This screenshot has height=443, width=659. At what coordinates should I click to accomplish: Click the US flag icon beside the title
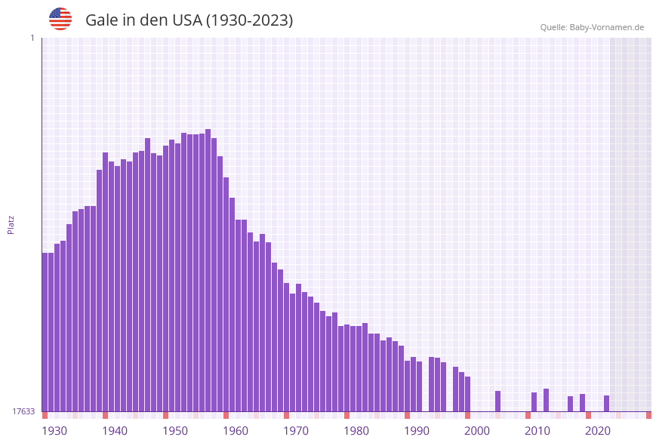coord(60,19)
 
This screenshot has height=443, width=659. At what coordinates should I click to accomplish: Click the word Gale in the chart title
coord(101,20)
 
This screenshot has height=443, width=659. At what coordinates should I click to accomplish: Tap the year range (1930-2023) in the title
coord(250,20)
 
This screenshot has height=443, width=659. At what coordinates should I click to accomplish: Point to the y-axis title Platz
coord(11,224)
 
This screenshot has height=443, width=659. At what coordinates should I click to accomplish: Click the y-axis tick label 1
coord(32,38)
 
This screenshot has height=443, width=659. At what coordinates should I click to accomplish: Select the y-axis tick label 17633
coord(23,411)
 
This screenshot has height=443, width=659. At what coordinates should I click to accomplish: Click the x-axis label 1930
coord(54,431)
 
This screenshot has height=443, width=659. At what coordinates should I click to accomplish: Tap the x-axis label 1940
coord(115,431)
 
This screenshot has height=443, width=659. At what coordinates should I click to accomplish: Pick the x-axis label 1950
coord(175,431)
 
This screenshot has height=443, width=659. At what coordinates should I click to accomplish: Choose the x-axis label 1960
coord(236,431)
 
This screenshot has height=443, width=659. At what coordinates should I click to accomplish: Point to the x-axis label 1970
coord(296,431)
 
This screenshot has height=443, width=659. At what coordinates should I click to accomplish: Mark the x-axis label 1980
coord(356,431)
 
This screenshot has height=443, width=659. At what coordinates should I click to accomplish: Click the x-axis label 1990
coord(417,431)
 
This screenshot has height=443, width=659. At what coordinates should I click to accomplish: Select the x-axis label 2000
coord(477,431)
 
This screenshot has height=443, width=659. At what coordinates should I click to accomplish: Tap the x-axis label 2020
coord(598,431)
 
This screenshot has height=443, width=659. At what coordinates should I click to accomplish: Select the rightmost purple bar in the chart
coord(606,403)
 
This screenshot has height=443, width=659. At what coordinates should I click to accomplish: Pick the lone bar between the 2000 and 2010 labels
coord(497,401)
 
